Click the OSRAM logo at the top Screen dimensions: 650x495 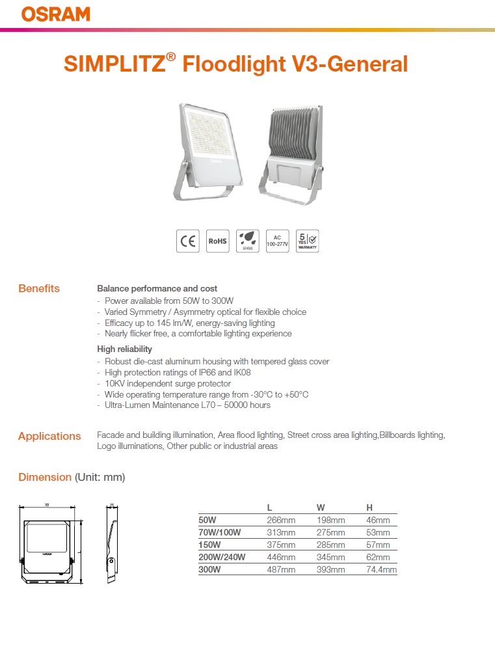[x=56, y=14]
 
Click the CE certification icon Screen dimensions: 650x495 [x=188, y=241]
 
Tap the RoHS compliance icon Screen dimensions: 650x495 [x=217, y=241]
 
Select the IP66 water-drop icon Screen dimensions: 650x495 [x=247, y=241]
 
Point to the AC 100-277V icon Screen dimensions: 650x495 [x=277, y=241]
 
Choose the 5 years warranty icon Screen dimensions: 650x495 [x=306, y=241]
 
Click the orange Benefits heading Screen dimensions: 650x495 [x=39, y=288]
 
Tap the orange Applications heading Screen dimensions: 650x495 [x=49, y=436]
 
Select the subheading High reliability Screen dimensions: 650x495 [x=124, y=349]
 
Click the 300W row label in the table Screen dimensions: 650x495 [x=209, y=569]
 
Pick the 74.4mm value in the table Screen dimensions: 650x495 [x=382, y=569]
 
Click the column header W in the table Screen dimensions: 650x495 [x=321, y=508]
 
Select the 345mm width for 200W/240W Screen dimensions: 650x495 [x=330, y=557]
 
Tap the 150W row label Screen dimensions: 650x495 [x=209, y=545]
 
